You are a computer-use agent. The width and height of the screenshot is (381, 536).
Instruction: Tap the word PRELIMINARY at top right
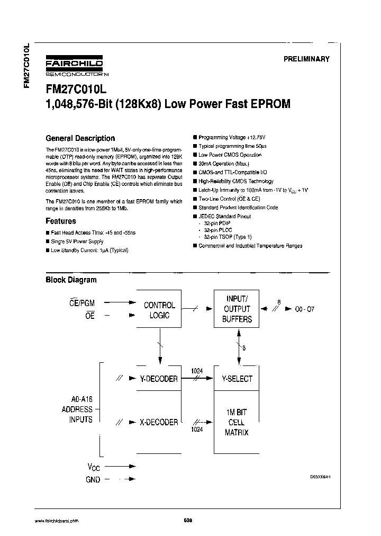[x=306, y=59]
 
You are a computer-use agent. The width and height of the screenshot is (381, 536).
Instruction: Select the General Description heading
[x=80, y=138]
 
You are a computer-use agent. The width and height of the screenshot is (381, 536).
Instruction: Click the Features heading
[x=61, y=221]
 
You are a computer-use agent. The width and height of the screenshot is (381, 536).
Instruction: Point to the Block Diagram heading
[x=71, y=280]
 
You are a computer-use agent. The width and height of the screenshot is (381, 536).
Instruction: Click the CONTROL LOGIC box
[x=159, y=310]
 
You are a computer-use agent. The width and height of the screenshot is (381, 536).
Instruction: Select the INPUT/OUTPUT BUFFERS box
[x=238, y=309]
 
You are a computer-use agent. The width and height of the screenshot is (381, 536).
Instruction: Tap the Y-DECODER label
[x=159, y=379]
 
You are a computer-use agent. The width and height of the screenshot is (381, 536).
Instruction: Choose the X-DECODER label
[x=159, y=422]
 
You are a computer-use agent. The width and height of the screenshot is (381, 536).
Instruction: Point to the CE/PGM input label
[x=82, y=302]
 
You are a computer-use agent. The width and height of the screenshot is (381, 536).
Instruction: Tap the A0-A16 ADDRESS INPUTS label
[x=77, y=409]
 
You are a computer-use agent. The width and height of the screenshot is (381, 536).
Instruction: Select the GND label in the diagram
[x=93, y=479]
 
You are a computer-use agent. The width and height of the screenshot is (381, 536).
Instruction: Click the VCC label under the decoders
[x=93, y=467]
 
